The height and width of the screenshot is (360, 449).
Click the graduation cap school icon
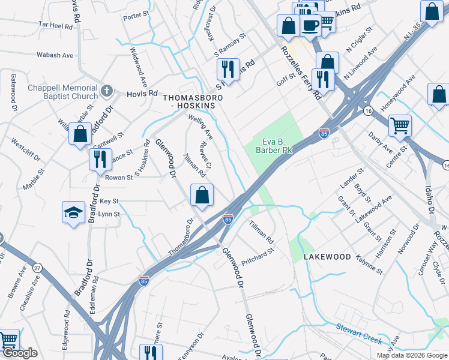[73, 212]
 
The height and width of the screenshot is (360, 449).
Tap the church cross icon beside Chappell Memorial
[107, 91]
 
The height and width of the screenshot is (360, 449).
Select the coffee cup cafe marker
[310, 25]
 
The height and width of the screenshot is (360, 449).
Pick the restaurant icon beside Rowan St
[100, 159]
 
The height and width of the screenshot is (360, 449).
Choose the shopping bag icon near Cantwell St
[80, 134]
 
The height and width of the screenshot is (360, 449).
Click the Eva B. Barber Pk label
[276, 146]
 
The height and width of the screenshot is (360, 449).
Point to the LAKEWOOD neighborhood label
[327, 256]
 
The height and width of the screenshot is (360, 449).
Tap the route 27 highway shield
[37, 267]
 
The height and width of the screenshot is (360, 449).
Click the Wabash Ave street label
[55, 55]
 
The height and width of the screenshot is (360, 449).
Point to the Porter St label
[136, 15]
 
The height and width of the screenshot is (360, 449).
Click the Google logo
[20, 353]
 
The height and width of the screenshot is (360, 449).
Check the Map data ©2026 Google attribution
[411, 355]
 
